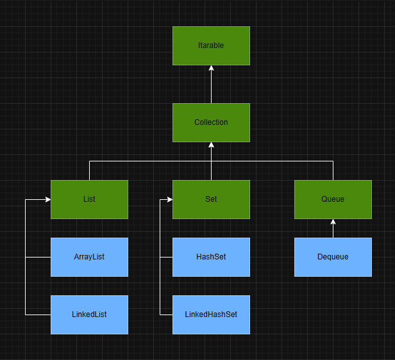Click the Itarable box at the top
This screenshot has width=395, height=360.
[211, 45]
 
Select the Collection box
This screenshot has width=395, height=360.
[211, 122]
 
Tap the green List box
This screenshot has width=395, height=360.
[89, 199]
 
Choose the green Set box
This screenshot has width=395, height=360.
[211, 199]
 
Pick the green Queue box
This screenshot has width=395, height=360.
[333, 199]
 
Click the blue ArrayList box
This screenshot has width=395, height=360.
[89, 257]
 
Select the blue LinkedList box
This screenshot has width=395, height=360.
[89, 315]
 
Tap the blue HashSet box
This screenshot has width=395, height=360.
[211, 257]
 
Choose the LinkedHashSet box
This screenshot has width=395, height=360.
[211, 315]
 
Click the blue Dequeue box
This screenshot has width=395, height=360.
[333, 257]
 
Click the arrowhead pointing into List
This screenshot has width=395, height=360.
[47, 199]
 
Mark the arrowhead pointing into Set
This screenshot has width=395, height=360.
[169, 199]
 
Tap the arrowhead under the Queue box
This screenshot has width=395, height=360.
[333, 222]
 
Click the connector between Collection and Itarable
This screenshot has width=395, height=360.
[211, 86]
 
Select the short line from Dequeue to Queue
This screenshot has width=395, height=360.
[333, 231]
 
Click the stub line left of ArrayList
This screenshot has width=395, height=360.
[38, 257]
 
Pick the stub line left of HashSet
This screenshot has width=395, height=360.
[166, 257]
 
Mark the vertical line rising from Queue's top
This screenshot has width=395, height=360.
[333, 170]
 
